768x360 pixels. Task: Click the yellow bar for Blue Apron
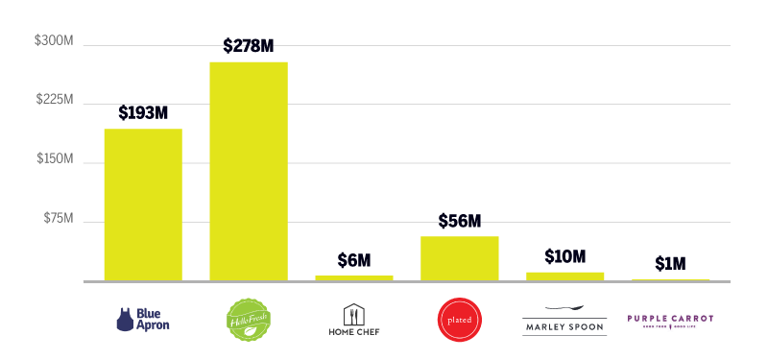pos(143,204)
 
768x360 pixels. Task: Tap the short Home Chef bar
pos(354,277)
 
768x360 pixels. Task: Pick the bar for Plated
pos(460,258)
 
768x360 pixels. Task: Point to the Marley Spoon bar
pos(564,276)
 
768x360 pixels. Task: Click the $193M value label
pos(143,112)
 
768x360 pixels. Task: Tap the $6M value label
pos(354,259)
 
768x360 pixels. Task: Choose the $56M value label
pos(459,220)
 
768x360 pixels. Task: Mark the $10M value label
pos(564,256)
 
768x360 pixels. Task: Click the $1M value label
pos(670,263)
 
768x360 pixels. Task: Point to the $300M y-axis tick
pos(55,41)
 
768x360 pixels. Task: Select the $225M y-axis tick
pos(55,101)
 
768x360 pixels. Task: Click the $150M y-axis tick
pos(55,160)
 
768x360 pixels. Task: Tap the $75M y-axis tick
pos(58,220)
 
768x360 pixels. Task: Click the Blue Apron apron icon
pos(125,319)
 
